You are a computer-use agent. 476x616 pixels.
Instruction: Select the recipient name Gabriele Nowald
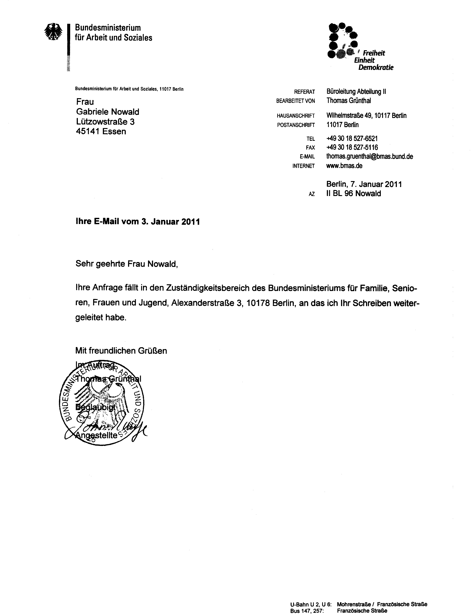(108, 112)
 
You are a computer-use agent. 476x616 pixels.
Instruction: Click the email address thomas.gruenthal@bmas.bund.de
(369, 157)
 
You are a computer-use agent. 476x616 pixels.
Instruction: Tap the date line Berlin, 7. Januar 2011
(364, 184)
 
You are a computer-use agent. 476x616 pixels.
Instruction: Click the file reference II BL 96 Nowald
(354, 194)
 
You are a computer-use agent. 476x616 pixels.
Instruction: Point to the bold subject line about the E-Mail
(138, 222)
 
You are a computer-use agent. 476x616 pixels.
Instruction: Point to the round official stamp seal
(102, 404)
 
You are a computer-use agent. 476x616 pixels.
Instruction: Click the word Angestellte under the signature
(96, 435)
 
